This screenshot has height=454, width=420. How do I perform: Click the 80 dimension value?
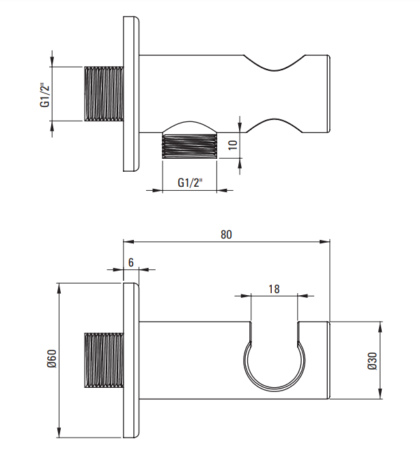pos(226,234)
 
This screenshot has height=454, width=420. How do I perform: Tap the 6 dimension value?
pos(131,262)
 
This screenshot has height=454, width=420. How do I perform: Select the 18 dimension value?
pos(274,289)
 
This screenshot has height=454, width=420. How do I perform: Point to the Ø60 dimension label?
pos(52,359)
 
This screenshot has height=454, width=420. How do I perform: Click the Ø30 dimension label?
pos(372,361)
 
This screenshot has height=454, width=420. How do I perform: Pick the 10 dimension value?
pos(233,145)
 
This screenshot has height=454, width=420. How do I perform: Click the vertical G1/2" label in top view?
pos(44,95)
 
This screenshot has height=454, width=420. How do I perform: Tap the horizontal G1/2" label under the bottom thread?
pos(190,183)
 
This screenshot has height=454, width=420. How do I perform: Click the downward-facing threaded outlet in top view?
pos(190,146)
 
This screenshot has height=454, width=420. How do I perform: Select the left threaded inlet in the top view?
pos(104,94)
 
